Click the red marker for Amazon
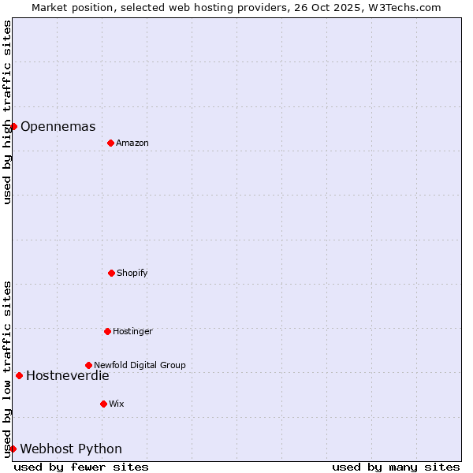click(x=110, y=143)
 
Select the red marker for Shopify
click(x=111, y=273)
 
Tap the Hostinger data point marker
click(x=107, y=331)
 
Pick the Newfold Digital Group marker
click(x=88, y=365)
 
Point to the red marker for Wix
click(x=103, y=404)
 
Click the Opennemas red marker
click(x=13, y=126)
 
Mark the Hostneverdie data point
click(x=19, y=375)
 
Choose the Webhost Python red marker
click(x=13, y=449)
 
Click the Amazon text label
click(x=132, y=143)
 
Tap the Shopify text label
click(x=132, y=273)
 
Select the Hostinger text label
click(x=132, y=331)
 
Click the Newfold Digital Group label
click(x=140, y=365)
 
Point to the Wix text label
click(x=117, y=404)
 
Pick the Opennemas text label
click(x=58, y=127)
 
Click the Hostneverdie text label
click(x=68, y=376)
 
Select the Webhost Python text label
click(x=71, y=449)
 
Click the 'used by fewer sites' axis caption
click(x=81, y=467)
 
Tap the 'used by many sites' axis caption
click(x=396, y=467)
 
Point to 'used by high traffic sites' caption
click(x=8, y=112)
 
